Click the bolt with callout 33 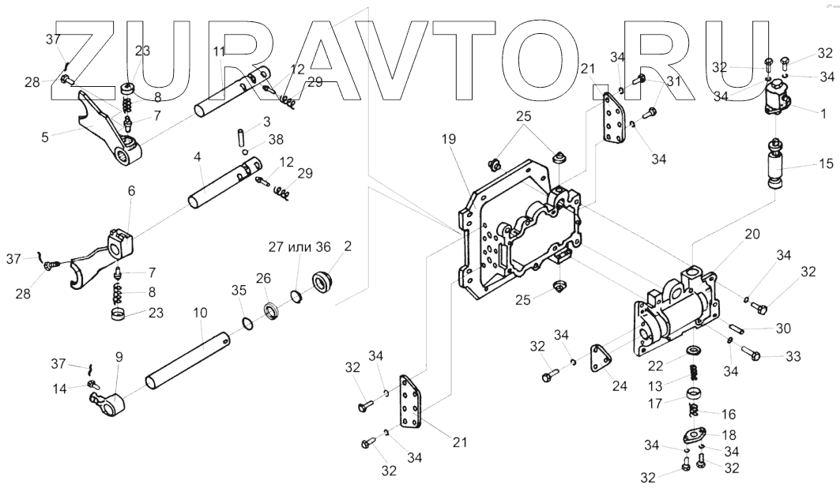[751, 356]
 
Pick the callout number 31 [672, 81]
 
